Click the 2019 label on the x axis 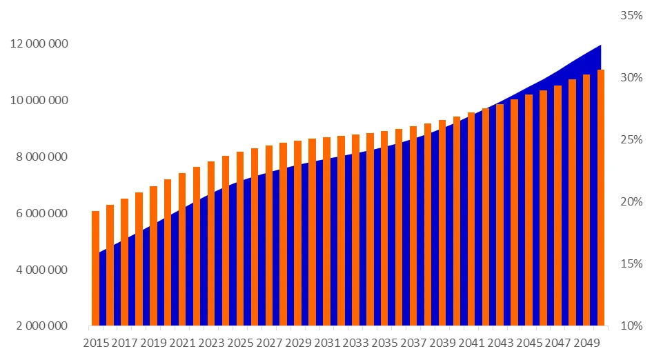(x=153, y=343)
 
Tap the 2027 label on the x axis (x=269, y=343)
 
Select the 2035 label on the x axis (x=384, y=343)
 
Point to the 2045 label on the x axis (x=528, y=343)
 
